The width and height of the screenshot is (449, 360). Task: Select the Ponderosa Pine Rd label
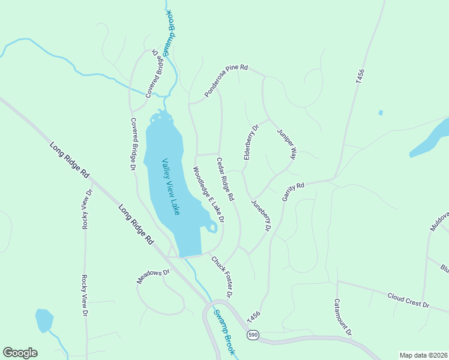pos(226,81)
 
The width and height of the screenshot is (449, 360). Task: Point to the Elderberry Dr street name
pos(250,142)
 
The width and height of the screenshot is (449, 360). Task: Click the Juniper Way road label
pos(286,144)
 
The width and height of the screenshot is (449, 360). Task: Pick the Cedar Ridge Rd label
pos(225,179)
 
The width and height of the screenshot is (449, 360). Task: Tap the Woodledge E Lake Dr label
pos(208,195)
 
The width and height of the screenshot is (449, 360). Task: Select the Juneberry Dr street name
pos(261,215)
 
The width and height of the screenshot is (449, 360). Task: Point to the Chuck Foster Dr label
pos(221,277)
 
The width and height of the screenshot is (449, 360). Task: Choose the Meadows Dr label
pos(154,276)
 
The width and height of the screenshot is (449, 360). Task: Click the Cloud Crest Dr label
pos(408,301)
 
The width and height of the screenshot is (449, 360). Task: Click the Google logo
pos(20,353)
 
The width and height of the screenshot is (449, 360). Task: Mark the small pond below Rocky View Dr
pos(44,320)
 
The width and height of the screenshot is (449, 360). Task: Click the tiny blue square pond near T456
pos(381,112)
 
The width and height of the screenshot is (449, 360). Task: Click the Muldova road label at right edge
pos(439,222)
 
